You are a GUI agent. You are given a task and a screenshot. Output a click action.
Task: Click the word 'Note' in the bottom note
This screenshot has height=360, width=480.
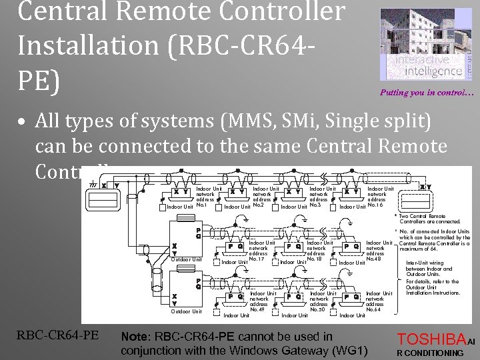[x=134, y=337]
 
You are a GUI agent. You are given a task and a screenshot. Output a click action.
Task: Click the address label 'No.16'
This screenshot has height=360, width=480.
[x=375, y=205]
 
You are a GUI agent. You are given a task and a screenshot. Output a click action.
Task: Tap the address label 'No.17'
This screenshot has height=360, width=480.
[x=257, y=259]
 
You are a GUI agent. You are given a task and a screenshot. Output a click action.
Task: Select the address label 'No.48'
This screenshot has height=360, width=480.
[x=375, y=259]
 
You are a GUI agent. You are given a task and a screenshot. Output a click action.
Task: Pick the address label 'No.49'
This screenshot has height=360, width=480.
[x=257, y=309]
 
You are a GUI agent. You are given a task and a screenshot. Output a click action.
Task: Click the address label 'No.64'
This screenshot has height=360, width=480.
[x=375, y=309]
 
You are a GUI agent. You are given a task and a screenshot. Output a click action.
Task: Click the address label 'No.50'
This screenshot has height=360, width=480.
[x=317, y=309]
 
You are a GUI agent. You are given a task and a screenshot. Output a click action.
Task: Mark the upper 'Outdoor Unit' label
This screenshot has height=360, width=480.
[x=187, y=259]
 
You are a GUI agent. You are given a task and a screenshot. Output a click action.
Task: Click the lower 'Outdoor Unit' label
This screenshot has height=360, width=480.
[x=187, y=311]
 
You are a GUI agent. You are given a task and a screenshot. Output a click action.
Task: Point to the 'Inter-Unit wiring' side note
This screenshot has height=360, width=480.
[x=427, y=263]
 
